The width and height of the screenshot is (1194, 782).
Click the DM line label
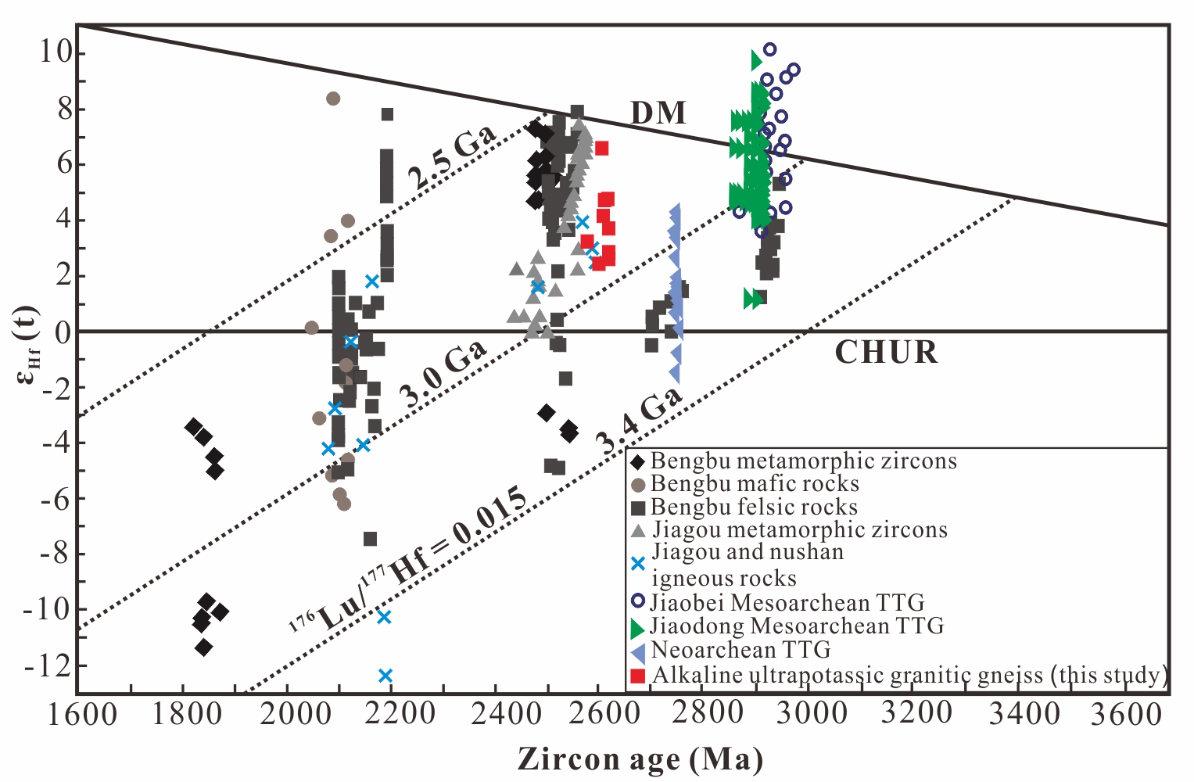[x=658, y=113]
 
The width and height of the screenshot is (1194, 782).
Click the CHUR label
[x=886, y=353]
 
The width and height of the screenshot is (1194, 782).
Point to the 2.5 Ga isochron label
[x=452, y=158]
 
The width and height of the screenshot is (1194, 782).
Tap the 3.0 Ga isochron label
[x=443, y=375]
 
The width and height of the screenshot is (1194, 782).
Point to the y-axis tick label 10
[x=56, y=53]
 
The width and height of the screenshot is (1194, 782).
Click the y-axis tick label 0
[x=63, y=332]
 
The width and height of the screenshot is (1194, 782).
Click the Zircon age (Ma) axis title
[x=640, y=759]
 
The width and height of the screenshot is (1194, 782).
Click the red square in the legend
[x=638, y=676]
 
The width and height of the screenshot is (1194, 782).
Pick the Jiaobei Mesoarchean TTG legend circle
[x=638, y=601]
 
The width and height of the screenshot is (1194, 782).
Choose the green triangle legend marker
[x=638, y=627]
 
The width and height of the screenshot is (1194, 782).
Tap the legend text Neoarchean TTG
[x=740, y=650]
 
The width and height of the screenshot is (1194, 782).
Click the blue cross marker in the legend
[x=638, y=563]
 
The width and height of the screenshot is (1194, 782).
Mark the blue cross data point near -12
[x=385, y=675]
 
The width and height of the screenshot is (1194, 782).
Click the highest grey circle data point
[x=333, y=99]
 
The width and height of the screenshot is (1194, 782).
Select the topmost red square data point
[x=601, y=149]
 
